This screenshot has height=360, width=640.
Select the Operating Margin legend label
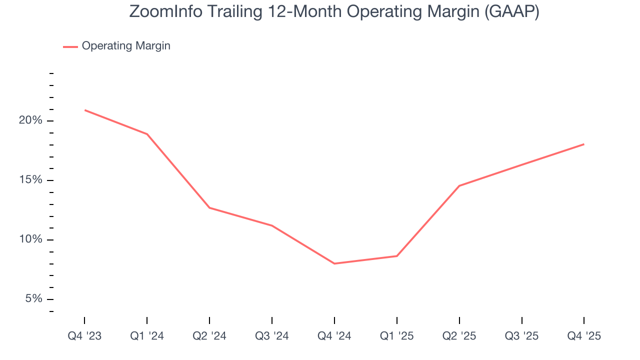pos(126,46)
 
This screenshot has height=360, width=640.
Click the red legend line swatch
pos(70,46)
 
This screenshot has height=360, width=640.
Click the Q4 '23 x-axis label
pos(84,336)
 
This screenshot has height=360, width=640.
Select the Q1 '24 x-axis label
pos(147,336)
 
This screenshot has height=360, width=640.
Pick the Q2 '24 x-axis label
pos(209,336)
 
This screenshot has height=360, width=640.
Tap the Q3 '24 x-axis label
pos(272,336)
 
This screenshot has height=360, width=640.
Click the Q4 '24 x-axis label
pos(334,336)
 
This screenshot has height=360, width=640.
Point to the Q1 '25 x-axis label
pos(397,336)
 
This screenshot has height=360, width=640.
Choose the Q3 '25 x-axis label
pos(522,336)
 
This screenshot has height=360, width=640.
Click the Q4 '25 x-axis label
pos(584,336)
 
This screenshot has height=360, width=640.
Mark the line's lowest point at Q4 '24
pos(334,263)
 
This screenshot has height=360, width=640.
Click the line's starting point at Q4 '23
pos(85,110)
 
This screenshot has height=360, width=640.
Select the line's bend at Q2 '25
pos(459,186)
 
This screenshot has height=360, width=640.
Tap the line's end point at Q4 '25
pos(583,144)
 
